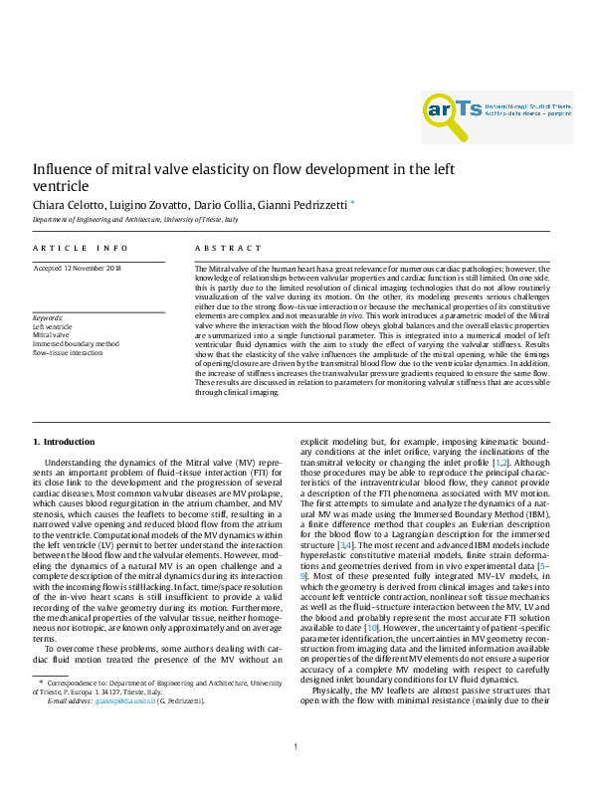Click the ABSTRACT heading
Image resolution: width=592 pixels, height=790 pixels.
click(x=228, y=248)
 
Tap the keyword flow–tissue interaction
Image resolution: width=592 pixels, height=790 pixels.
click(x=68, y=352)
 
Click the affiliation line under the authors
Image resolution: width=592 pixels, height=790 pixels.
click(x=134, y=219)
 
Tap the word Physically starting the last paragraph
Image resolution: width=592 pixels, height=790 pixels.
click(x=334, y=662)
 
